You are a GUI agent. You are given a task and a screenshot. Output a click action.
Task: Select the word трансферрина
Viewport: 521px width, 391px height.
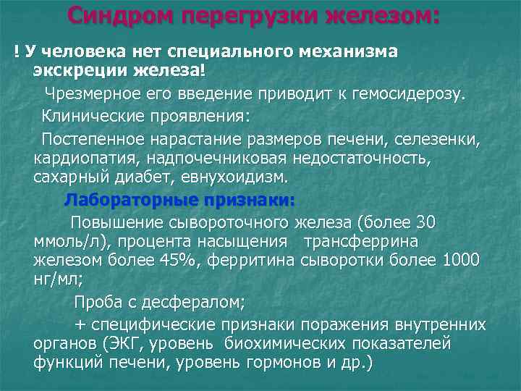point(360,241)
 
